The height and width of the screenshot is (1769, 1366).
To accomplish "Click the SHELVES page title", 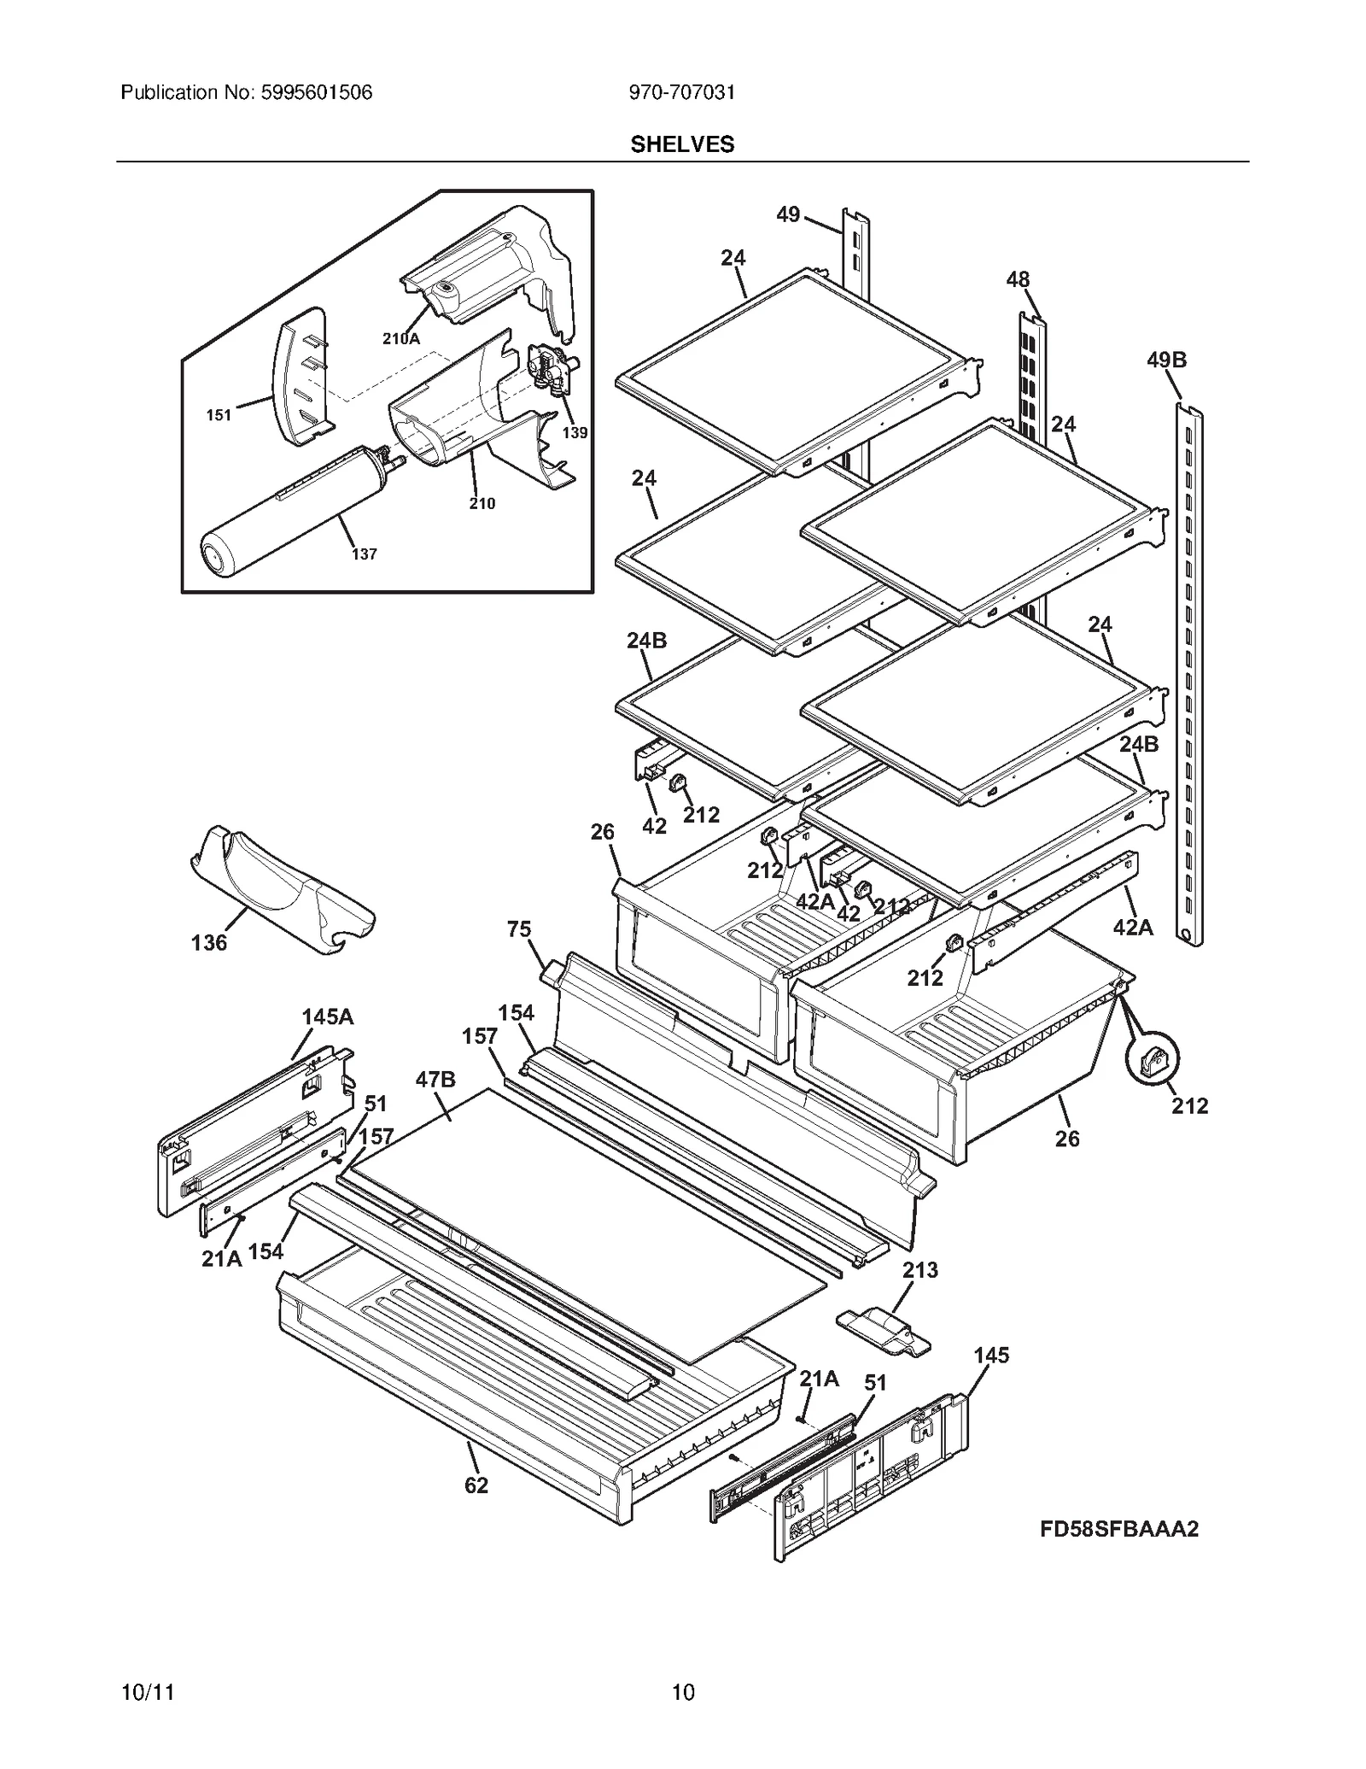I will pyautogui.click(x=682, y=144).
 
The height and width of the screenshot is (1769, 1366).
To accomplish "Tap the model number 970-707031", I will pyautogui.click(x=681, y=92).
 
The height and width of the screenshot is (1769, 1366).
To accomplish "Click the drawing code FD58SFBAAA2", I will pyautogui.click(x=1118, y=1529).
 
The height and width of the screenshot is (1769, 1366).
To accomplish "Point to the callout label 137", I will pyautogui.click(x=364, y=554).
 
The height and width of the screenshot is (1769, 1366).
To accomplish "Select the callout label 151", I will pyautogui.click(x=219, y=416).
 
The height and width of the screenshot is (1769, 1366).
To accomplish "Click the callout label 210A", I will pyautogui.click(x=400, y=338).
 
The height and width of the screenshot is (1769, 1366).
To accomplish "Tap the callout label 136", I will pyautogui.click(x=209, y=943).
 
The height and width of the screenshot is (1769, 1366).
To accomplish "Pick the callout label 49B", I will pyautogui.click(x=1166, y=360).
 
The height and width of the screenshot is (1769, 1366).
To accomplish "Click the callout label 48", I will pyautogui.click(x=1018, y=279).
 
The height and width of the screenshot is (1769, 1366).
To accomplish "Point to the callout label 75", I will pyautogui.click(x=519, y=929).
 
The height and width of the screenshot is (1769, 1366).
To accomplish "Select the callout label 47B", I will pyautogui.click(x=435, y=1080).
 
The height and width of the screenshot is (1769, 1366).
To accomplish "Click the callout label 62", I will pyautogui.click(x=476, y=1485).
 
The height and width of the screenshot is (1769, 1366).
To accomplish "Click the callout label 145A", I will pyautogui.click(x=327, y=1017).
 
